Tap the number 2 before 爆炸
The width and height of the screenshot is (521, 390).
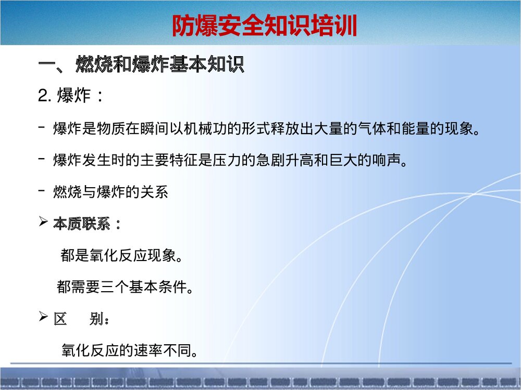point(43,96)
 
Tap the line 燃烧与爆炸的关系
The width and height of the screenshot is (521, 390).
point(110,192)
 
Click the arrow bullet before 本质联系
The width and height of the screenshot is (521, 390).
point(44,223)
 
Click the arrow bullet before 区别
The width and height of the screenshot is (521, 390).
point(44,318)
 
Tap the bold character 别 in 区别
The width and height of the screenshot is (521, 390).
point(97,319)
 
